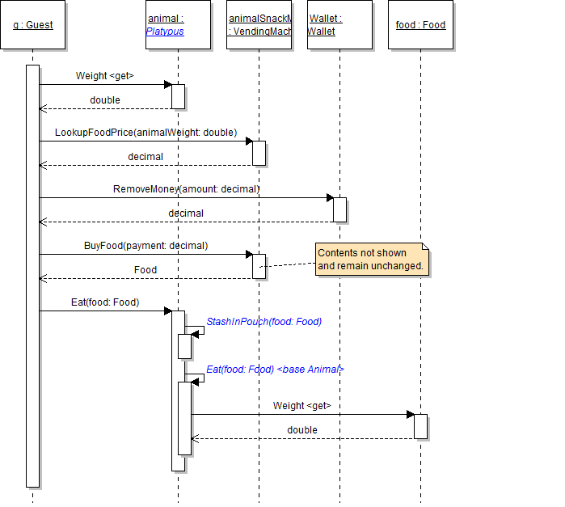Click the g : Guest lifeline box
click(x=33, y=25)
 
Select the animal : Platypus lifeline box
click(x=178, y=25)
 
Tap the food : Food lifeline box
click(x=420, y=25)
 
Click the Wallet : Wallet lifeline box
click(x=339, y=25)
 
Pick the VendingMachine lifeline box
click(x=259, y=25)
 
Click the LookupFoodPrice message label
click(x=145, y=132)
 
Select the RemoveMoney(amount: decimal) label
click(x=186, y=188)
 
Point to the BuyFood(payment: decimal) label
click(x=145, y=245)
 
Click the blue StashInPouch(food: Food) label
click(x=264, y=321)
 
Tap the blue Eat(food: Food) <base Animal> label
click(x=276, y=369)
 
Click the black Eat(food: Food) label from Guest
click(x=105, y=302)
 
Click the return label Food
click(x=145, y=269)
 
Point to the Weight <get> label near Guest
click(x=105, y=76)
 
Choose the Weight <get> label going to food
click(x=302, y=406)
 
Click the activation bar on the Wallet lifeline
click(x=340, y=209)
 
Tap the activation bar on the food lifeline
click(x=420, y=426)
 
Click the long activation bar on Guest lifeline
click(x=32, y=275)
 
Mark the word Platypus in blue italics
click(x=165, y=32)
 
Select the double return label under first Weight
click(x=105, y=100)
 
